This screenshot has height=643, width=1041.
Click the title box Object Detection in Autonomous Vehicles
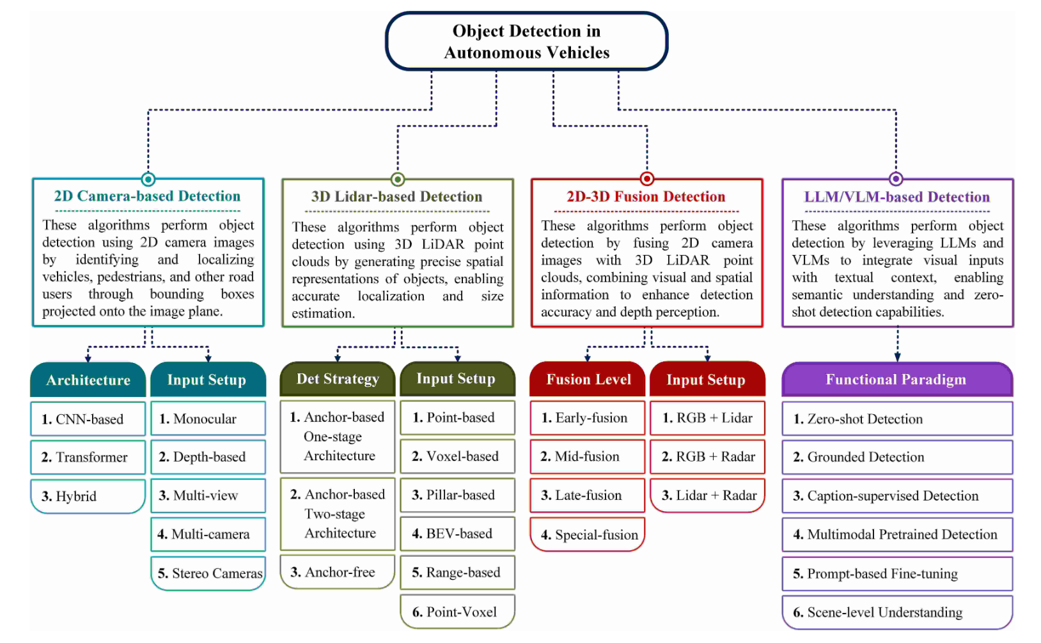pos(526,42)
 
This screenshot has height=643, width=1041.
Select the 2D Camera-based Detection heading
pos(147,196)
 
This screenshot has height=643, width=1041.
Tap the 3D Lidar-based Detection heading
pos(396,197)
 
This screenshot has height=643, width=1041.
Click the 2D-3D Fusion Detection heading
pos(646,197)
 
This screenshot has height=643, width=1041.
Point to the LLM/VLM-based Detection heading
pos(896,197)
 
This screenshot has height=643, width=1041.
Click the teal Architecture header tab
pos(88,380)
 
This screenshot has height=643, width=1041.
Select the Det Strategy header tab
pos(338,379)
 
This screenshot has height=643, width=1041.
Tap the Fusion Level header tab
pos(588,380)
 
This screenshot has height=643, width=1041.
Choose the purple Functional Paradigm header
pos(896,380)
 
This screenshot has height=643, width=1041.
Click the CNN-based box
pos(88,419)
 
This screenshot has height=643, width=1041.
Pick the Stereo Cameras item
pos(208,573)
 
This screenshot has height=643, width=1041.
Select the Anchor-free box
pos(338,572)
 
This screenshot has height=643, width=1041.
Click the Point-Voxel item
pos(457,612)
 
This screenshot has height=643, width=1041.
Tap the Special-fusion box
pos(588,534)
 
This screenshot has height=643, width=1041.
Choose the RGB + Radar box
pos(707,456)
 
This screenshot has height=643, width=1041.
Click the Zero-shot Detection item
pos(896,419)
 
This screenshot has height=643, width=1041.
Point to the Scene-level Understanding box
pos(896,612)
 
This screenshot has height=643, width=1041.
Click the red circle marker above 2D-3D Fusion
pos(646,179)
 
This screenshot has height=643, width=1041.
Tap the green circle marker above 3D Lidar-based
pos(397,179)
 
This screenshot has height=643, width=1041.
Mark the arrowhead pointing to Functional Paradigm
pos(897,357)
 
